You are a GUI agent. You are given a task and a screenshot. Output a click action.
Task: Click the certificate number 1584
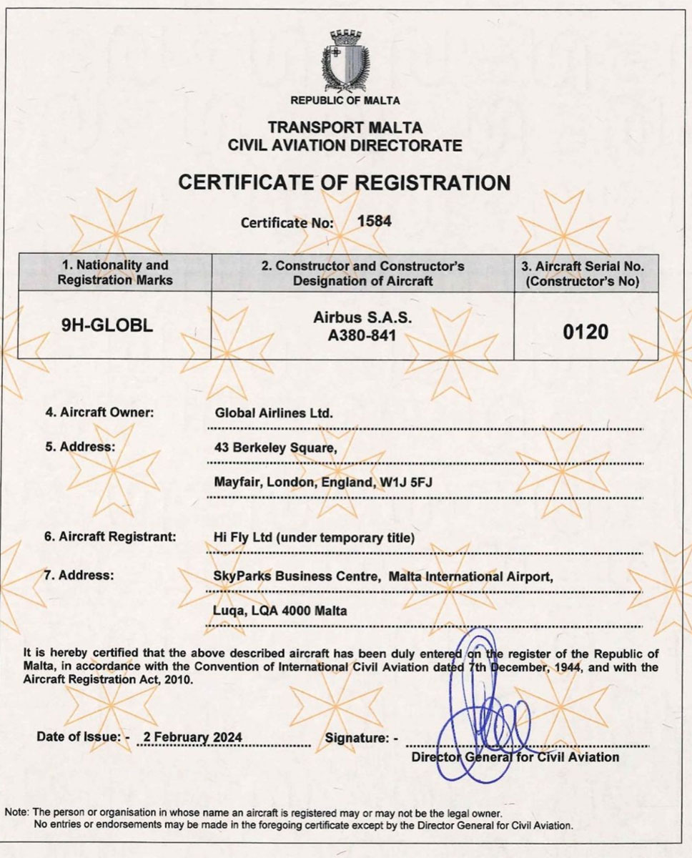374,221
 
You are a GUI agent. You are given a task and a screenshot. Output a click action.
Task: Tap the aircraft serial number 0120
586,332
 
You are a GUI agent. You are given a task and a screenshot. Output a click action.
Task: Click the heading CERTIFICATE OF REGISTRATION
345,183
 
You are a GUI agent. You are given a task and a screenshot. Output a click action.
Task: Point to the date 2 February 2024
192,737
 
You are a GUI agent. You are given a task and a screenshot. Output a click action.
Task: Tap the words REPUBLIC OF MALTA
345,101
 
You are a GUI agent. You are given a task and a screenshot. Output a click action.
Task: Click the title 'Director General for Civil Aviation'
515,756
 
